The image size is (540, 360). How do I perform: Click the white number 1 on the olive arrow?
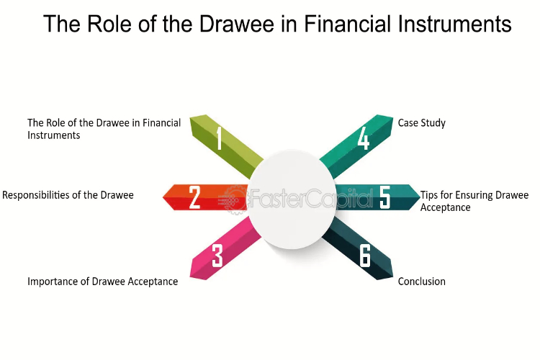(x=219, y=138)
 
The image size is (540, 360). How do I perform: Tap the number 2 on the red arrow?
(x=194, y=197)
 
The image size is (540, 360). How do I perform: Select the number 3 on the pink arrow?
(x=217, y=256)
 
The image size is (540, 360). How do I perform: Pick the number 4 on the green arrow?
(x=364, y=138)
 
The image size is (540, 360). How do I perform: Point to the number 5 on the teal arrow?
(x=384, y=197)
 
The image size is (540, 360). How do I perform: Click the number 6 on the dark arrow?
(x=365, y=256)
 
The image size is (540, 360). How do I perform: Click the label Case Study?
(x=421, y=123)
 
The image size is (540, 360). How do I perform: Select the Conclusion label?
(x=421, y=282)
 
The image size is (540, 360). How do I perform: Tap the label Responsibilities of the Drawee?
(x=68, y=195)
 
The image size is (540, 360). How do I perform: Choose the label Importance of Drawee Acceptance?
(x=103, y=282)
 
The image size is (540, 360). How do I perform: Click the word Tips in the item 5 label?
(x=429, y=195)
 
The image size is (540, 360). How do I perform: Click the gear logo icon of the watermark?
(x=234, y=199)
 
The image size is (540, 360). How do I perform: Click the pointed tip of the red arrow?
(x=163, y=197)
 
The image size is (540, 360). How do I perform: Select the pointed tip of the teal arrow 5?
(x=420, y=197)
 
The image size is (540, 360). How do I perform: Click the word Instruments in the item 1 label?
(x=54, y=135)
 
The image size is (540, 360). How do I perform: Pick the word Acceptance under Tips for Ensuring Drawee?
(x=445, y=207)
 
